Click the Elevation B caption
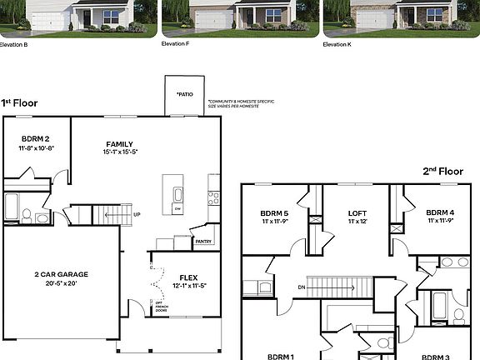[x=14, y=44]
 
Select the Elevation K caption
[x=337, y=44]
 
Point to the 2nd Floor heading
[x=442, y=171]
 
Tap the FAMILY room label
[x=119, y=143]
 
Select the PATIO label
[x=184, y=94]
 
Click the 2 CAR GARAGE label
[x=61, y=273]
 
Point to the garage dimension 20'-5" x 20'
[x=61, y=282]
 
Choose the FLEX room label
[x=188, y=277]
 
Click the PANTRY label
[x=202, y=242]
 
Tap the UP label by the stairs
[x=137, y=214]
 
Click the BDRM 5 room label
[x=274, y=212]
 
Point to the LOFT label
[x=357, y=212]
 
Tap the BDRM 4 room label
[x=439, y=212]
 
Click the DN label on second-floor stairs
[x=301, y=287]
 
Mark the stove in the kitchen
[x=212, y=198]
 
